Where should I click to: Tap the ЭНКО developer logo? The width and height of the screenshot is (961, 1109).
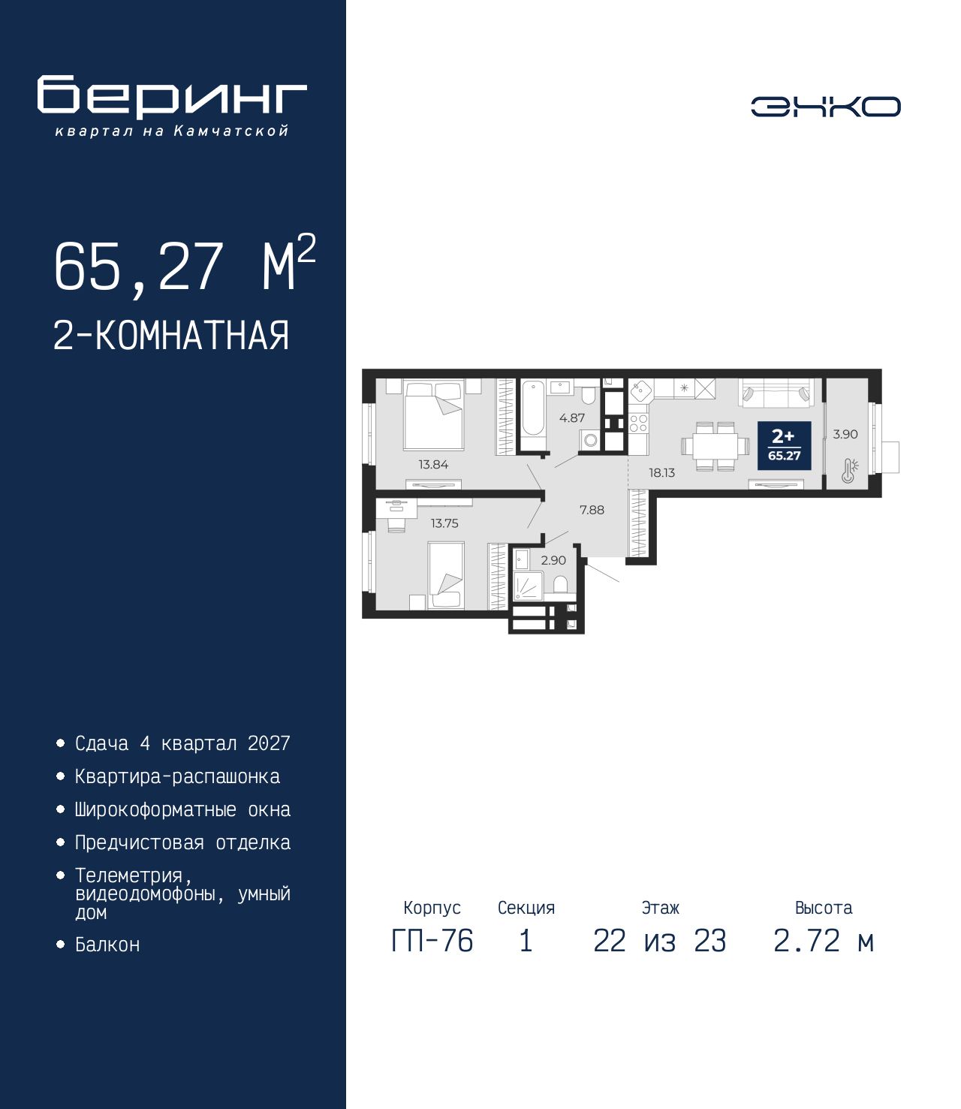click(x=825, y=106)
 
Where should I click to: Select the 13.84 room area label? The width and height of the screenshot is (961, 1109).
click(x=433, y=465)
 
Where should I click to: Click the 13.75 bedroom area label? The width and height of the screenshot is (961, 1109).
click(x=444, y=523)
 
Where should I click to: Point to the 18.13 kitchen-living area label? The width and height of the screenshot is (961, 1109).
click(x=661, y=473)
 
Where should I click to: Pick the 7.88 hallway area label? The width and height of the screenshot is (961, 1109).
click(x=592, y=511)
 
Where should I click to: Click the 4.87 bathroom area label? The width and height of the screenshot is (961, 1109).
click(x=572, y=418)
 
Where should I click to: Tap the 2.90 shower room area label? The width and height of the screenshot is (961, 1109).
click(x=553, y=560)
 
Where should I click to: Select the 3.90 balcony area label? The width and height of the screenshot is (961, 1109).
click(x=845, y=434)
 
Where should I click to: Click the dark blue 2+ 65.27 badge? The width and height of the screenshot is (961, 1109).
click(x=784, y=445)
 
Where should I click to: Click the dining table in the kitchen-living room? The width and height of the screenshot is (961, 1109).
click(x=715, y=446)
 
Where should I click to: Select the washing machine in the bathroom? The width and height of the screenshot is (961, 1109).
click(x=591, y=441)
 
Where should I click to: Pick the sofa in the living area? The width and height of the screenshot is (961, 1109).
click(x=778, y=392)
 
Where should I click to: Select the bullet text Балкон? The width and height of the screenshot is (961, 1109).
click(x=107, y=960)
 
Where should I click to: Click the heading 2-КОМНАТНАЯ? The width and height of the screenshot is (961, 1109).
click(x=171, y=336)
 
